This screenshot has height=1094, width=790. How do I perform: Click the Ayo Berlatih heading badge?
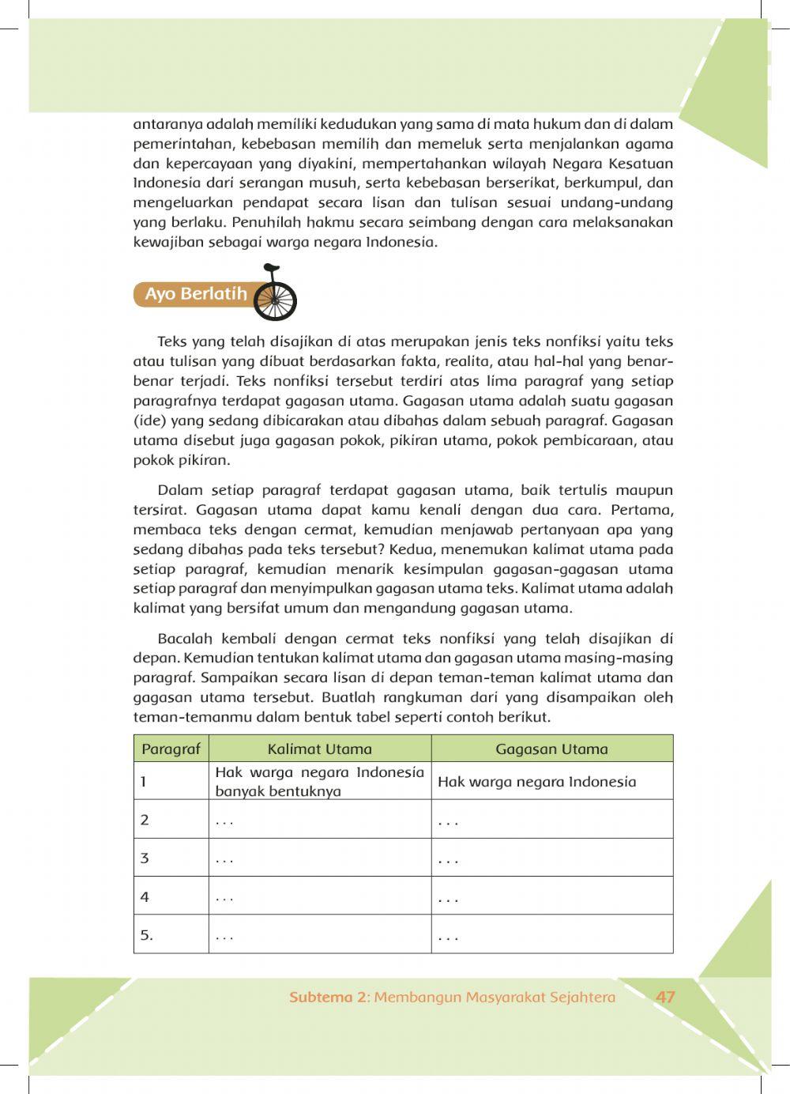coord(196,294)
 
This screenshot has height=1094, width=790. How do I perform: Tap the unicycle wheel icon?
coord(276,301)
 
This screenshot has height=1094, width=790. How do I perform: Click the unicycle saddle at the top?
coord(270,266)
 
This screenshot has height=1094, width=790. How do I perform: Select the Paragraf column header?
coord(171,749)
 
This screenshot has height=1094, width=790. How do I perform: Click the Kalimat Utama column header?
coord(319,749)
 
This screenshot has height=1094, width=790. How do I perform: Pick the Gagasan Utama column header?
coord(551,749)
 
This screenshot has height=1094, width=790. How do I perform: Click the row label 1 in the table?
coord(144,782)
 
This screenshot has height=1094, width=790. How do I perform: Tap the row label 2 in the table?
coord(145,820)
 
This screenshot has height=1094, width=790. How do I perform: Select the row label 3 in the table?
coord(145,858)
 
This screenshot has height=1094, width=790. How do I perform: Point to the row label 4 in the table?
coord(145,896)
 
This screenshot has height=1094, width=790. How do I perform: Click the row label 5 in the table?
coord(146,935)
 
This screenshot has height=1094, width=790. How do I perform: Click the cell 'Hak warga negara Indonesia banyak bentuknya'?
coord(319,782)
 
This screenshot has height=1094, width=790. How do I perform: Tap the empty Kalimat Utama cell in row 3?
coord(319,858)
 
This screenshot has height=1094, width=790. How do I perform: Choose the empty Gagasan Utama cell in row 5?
coord(551,935)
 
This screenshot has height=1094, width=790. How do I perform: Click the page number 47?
coord(665,997)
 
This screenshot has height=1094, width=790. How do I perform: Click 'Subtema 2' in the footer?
coord(328,998)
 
